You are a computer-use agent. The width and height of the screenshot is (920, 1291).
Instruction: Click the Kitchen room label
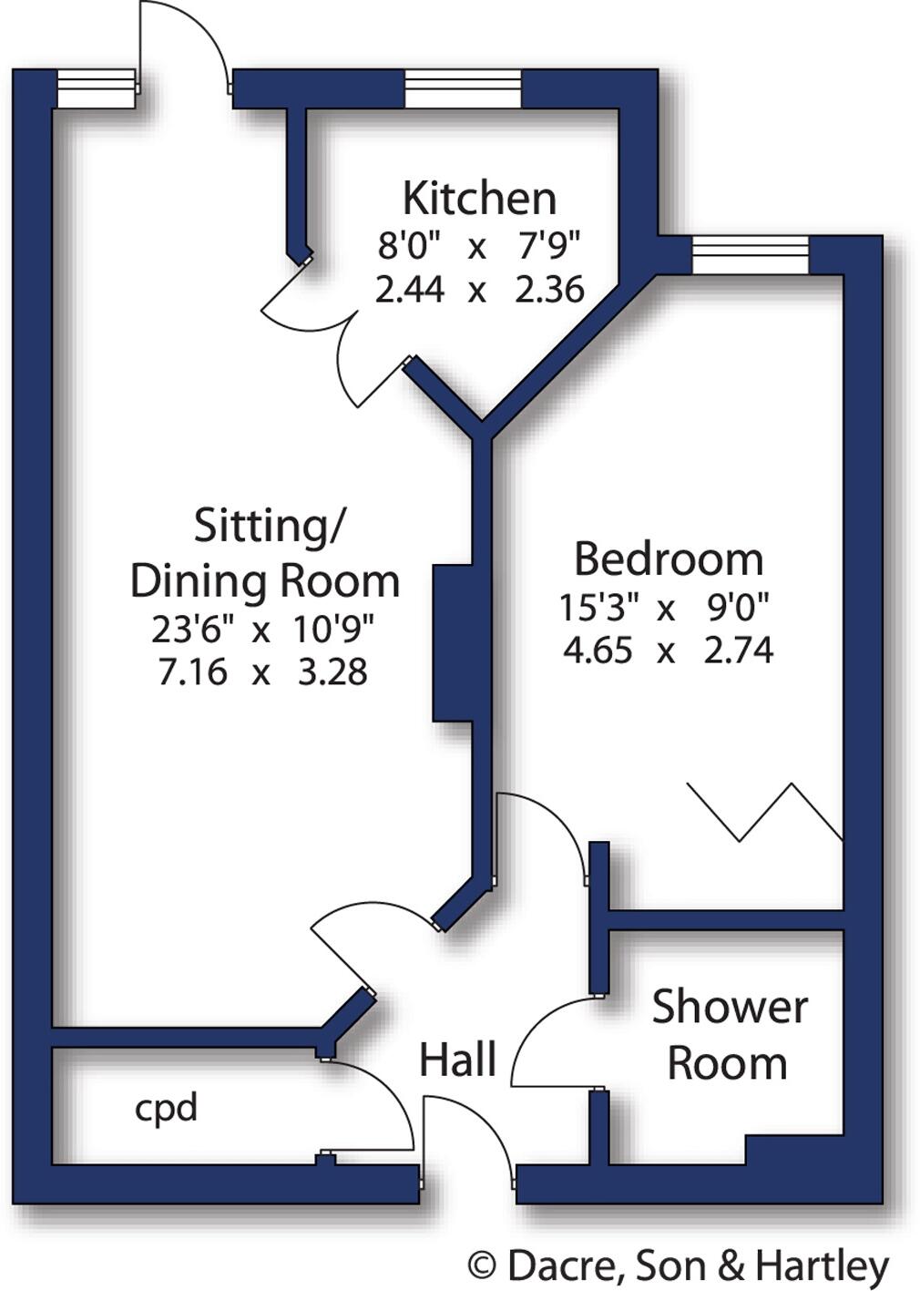point(479,198)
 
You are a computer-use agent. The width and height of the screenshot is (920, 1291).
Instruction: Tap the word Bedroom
point(668,558)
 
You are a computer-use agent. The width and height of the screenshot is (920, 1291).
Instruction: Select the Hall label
point(457,1060)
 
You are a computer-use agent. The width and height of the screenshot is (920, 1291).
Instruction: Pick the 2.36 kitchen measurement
point(549,290)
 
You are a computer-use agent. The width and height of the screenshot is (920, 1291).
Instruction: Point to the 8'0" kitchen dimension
point(409,245)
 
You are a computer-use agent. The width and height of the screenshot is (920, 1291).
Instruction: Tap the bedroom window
point(750,254)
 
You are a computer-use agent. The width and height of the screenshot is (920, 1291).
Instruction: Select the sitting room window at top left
point(95,88)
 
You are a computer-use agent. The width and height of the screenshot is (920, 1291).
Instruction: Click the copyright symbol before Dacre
point(482,1265)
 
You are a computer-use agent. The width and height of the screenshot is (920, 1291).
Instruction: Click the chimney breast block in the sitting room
point(453,642)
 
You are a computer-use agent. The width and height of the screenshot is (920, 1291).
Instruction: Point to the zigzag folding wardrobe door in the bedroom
point(765,811)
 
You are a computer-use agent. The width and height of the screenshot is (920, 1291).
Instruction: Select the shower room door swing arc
point(547,1039)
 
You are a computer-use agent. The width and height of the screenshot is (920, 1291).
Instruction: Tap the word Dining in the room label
point(199,581)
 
